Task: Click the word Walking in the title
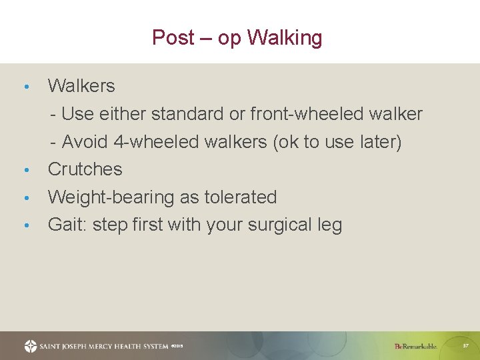[x=285, y=37]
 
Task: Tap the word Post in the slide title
[x=173, y=37]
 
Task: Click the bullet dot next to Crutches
[x=25, y=171]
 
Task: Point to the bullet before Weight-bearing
[x=25, y=199]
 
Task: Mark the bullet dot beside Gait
[x=25, y=226]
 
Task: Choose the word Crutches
[x=85, y=169]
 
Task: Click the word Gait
[x=67, y=225]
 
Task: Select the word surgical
[x=279, y=225]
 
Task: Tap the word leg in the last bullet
[x=329, y=225]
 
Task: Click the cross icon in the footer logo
[x=31, y=346]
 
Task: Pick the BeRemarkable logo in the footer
[x=415, y=346]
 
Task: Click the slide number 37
[x=465, y=345]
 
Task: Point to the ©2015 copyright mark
[x=177, y=346]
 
